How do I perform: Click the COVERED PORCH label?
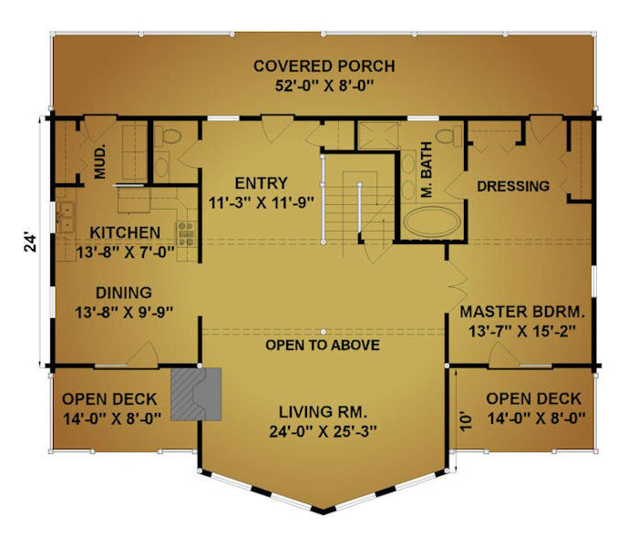[x=324, y=66]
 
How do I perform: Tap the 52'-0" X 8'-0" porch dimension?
[x=324, y=87]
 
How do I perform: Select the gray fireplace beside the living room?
[x=196, y=394]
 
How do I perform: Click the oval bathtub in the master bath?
[x=432, y=222]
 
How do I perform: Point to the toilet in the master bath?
[x=448, y=136]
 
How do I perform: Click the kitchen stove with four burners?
[x=186, y=233]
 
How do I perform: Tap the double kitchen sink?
[x=65, y=217]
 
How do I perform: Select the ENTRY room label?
[x=262, y=183]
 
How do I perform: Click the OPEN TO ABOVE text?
[x=323, y=346]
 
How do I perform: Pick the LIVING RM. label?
[x=323, y=412]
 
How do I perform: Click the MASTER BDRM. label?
[x=522, y=312]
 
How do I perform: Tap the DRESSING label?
[x=513, y=186]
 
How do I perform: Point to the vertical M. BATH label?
[x=426, y=170]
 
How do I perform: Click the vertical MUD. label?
[x=100, y=161]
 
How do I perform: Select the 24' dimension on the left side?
[x=31, y=243]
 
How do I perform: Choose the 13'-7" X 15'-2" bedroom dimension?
[x=522, y=332]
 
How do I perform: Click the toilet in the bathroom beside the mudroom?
[x=168, y=136]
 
